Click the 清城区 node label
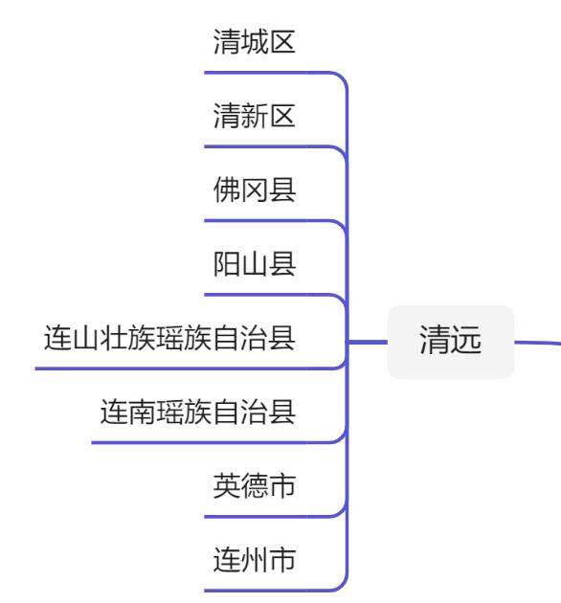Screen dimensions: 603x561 point(254,42)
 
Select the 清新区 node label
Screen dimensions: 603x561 point(254,117)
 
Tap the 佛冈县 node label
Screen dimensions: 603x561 point(254,190)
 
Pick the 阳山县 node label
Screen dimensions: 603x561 point(254,265)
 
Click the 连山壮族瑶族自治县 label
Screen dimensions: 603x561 point(169,339)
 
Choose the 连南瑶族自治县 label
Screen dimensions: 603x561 point(198,413)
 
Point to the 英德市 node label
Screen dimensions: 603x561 point(254,487)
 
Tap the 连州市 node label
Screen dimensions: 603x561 point(254,561)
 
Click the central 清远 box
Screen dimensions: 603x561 point(450,341)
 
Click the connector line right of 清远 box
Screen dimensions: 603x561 point(536,342)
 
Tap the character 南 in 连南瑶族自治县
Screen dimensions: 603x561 point(142,413)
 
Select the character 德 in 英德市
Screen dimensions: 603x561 point(254,487)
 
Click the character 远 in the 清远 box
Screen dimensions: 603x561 point(464,341)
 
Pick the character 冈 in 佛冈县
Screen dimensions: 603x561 point(254,190)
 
